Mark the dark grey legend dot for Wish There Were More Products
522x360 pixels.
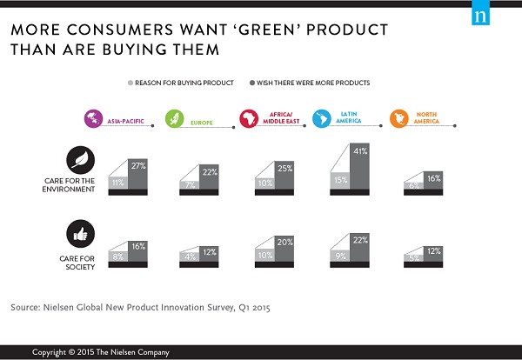point(251,83)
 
